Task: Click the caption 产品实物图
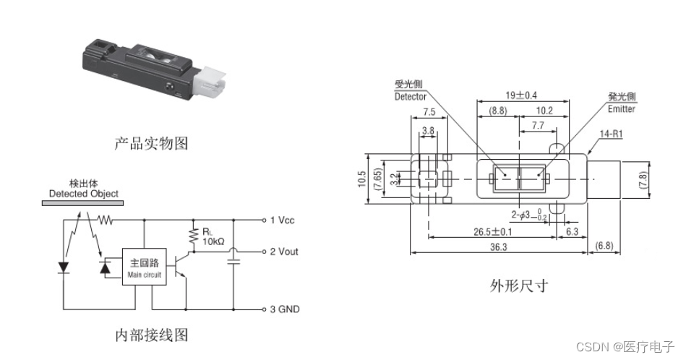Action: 151,143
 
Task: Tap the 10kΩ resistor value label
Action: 213,240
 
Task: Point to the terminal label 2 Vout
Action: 284,252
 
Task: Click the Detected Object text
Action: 83,194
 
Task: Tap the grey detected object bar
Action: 80,204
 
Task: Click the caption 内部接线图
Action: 151,335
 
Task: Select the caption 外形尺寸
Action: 518,285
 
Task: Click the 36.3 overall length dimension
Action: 500,247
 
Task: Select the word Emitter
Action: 622,109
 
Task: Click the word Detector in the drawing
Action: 411,96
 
